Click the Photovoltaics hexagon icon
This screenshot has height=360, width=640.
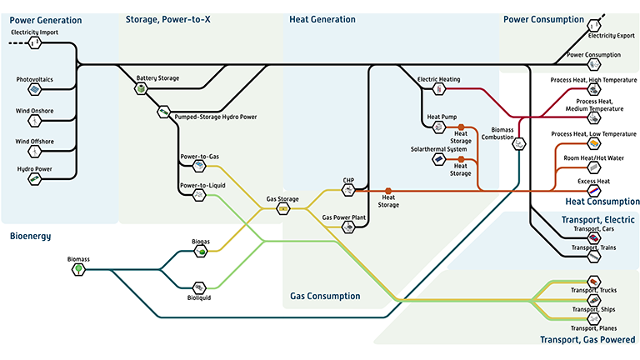pos(34,89)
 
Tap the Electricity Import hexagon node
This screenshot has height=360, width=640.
pos(34,42)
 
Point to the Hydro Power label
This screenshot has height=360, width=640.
pos(34,168)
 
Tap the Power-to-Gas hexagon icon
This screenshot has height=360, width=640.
pos(198,165)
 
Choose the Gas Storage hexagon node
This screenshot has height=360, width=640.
pos(282,208)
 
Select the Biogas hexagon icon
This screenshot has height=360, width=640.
pos(200,251)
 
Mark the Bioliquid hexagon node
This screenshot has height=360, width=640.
pos(200,287)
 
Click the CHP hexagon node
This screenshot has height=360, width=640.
pos(348,189)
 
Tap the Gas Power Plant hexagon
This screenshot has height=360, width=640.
pos(348,226)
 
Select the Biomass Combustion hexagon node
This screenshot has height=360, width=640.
pos(518,143)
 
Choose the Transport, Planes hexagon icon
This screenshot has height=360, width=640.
pos(593,318)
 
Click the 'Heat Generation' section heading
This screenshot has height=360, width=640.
pos(322,19)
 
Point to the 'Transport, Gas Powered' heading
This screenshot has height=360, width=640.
pos(587,339)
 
